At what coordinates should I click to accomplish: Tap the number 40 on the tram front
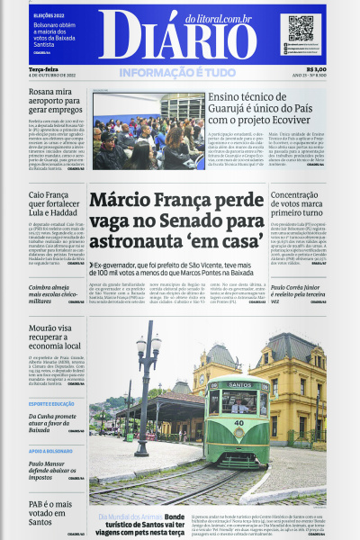238,424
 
